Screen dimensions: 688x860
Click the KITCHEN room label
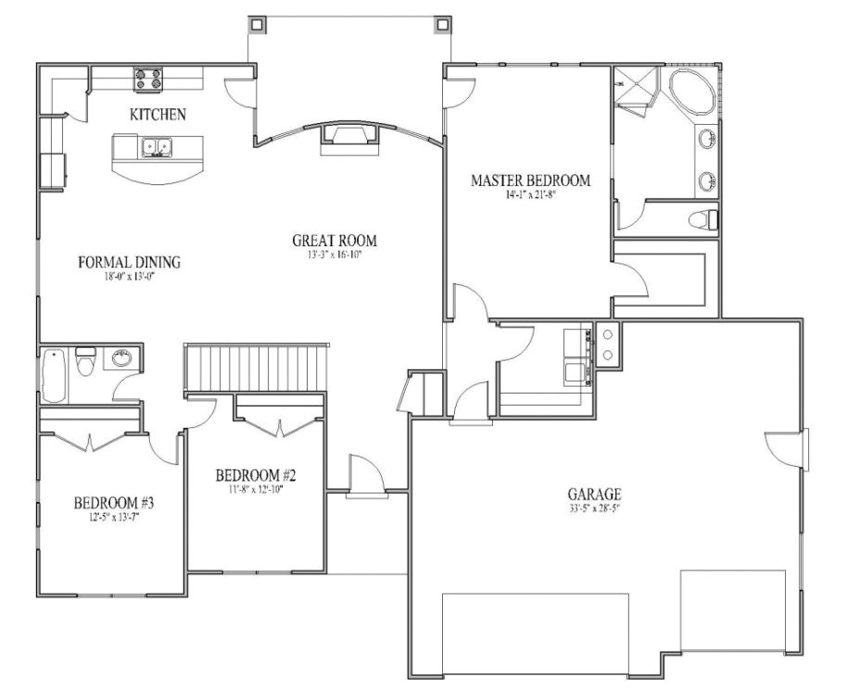point(158,115)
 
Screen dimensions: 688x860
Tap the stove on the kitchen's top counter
point(147,80)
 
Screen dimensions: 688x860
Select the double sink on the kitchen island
point(156,146)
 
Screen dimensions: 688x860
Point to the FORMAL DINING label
point(129,262)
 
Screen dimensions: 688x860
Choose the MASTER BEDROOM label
point(530,181)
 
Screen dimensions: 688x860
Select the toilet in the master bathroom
point(703,220)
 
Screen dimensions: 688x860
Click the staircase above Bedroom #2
point(258,368)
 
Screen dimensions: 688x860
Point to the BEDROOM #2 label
point(256,476)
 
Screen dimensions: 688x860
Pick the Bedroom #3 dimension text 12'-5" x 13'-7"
point(113,518)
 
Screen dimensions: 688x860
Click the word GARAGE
point(595,494)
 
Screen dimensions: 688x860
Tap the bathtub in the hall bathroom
point(53,375)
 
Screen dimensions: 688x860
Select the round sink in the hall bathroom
point(121,357)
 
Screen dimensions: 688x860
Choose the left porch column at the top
point(258,22)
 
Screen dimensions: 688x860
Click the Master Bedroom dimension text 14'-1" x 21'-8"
point(530,195)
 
